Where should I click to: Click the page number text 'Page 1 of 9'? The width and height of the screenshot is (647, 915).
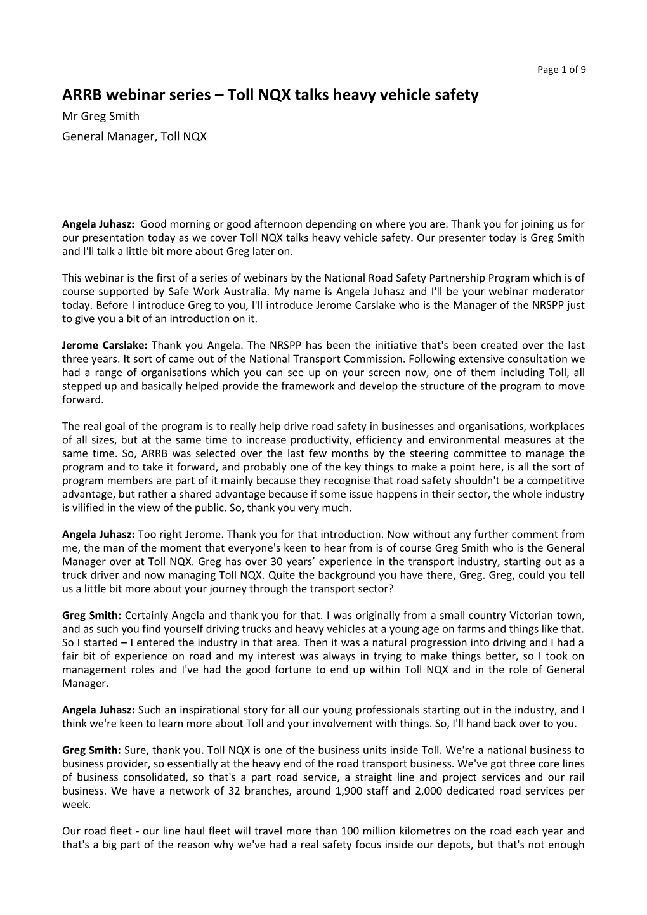(x=561, y=70)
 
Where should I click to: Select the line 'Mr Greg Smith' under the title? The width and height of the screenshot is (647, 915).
(x=101, y=116)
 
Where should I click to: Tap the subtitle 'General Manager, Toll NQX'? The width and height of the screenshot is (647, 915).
(x=134, y=136)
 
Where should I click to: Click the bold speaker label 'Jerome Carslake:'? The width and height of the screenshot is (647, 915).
(x=105, y=346)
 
